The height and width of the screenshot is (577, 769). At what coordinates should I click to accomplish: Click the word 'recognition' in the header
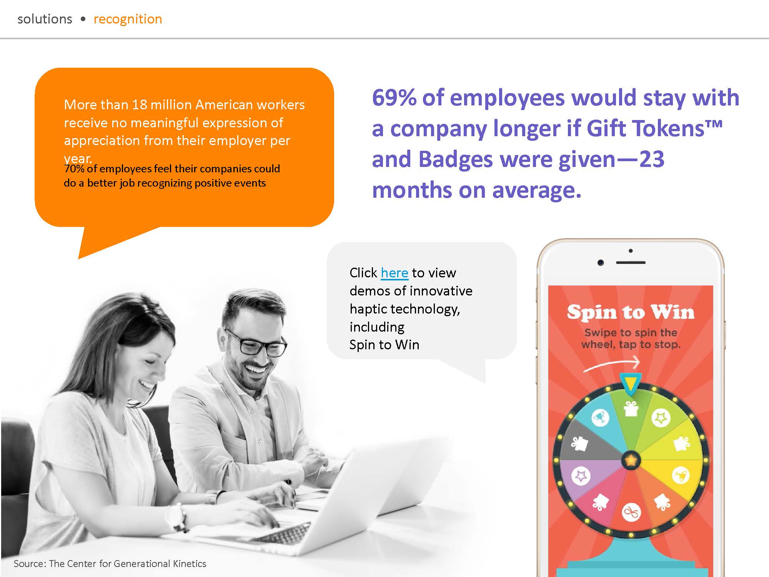(128, 19)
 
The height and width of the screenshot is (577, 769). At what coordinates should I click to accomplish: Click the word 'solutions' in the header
(45, 19)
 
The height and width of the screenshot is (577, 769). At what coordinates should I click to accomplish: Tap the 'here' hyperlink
(394, 273)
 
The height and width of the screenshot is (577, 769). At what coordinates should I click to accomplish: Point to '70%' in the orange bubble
(74, 168)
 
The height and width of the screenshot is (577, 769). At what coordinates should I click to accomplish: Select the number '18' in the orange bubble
(139, 105)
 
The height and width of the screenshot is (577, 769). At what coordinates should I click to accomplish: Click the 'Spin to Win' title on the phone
(631, 312)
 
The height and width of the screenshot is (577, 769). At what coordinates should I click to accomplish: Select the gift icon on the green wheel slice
(631, 409)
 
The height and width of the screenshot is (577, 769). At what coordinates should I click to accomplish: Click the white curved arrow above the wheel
(611, 364)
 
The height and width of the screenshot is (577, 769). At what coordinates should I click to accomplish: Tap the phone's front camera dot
(601, 263)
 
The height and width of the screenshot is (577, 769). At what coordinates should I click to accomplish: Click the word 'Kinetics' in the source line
(190, 564)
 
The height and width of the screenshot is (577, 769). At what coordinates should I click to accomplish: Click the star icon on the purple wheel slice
(581, 476)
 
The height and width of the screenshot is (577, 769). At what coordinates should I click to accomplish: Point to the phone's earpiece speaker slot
(631, 263)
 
